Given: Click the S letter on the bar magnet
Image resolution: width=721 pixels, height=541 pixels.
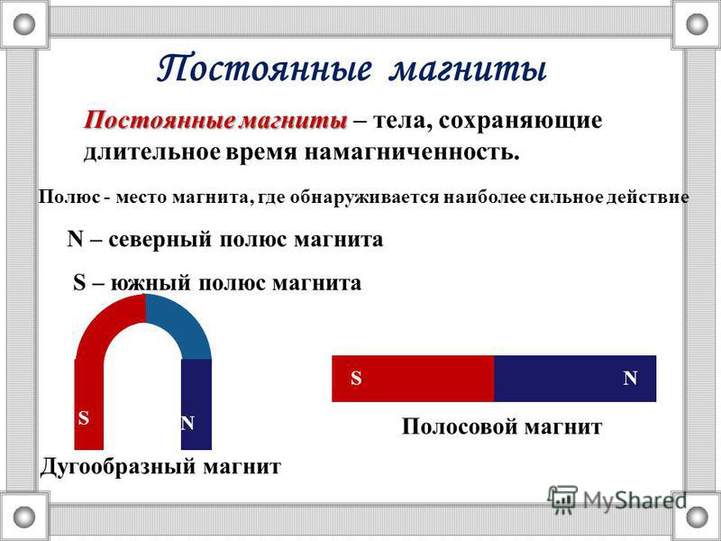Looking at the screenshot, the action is [356, 378].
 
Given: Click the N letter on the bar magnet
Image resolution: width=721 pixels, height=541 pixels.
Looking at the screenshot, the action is [630, 378].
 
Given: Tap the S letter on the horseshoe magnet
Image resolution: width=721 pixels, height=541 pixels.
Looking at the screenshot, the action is [83, 418].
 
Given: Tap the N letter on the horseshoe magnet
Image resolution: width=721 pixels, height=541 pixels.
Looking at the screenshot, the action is [187, 423].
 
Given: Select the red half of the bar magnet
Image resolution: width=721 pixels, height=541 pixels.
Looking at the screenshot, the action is [413, 379].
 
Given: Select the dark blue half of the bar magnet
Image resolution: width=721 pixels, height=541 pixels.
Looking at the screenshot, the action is [575, 379].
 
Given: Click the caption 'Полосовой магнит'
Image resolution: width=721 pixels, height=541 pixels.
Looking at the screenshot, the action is [502, 426].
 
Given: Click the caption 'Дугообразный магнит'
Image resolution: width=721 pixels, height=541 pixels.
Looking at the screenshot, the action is [160, 467].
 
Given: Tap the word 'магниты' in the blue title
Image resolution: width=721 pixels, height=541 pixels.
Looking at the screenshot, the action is [467, 70].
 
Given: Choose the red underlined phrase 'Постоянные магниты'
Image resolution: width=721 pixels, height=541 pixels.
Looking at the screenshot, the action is [214, 121].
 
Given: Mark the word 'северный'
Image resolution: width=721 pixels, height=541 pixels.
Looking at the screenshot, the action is [160, 241].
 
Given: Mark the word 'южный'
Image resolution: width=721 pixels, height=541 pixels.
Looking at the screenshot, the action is [150, 283].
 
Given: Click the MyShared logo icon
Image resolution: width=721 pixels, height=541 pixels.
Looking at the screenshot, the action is [561, 500].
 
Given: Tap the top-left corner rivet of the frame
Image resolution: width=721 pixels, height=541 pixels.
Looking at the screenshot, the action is [24, 24].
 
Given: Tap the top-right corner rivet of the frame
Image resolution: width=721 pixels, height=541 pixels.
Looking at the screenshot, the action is [697, 24].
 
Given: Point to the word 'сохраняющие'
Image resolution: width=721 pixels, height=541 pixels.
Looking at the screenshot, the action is [520, 122].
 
